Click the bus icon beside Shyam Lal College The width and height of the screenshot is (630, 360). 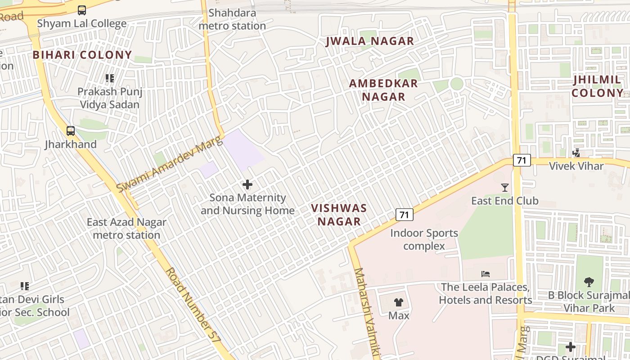point(81,10)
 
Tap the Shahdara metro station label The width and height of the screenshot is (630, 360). point(232,19)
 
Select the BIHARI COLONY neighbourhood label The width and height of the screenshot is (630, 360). point(82,55)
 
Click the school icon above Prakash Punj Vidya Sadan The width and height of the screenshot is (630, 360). point(110,78)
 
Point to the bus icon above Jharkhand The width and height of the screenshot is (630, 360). point(71,131)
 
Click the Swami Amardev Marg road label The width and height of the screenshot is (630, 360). point(170,165)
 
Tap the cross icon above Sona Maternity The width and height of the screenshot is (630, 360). point(247,184)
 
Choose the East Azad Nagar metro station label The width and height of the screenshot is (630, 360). point(126,229)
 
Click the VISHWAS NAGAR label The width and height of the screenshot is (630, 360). point(339,215)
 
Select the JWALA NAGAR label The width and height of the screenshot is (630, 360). point(369,41)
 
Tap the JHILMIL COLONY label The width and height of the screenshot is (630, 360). point(597,86)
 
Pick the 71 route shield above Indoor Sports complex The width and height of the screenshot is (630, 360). point(404,215)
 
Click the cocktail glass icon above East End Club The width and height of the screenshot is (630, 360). point(505,188)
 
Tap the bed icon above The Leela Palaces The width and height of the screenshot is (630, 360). point(485,274)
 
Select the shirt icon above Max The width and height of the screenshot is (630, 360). point(399,302)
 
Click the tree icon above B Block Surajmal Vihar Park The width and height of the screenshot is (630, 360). point(589,282)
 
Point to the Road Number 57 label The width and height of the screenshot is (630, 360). point(193,306)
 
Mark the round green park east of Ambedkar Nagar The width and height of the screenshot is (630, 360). point(457,84)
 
